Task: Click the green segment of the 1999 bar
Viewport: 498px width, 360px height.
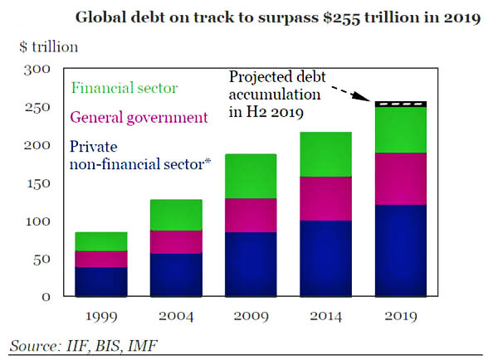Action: coord(100,241)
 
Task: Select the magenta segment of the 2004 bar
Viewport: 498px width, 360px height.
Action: coord(176,241)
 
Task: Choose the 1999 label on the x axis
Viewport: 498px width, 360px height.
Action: coord(100,316)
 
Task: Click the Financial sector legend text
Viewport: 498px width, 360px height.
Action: coord(124,87)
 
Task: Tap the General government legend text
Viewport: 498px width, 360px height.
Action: coord(139,118)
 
